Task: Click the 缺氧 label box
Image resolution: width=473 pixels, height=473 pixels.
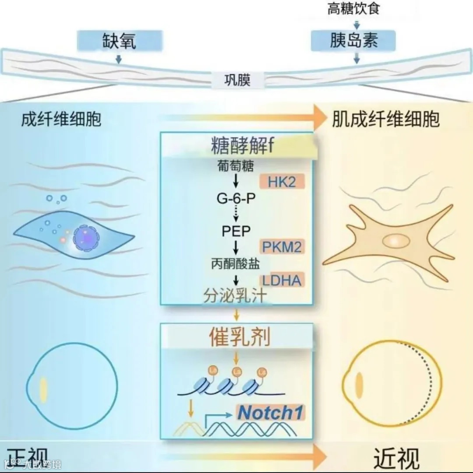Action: coord(119,41)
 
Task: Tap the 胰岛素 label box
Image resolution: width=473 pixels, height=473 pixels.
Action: coord(353,40)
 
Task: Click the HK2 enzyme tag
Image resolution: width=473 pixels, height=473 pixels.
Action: coord(282,182)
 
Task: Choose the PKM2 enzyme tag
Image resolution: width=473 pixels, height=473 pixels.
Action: coord(282,247)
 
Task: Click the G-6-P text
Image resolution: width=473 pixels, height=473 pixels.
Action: coord(236,199)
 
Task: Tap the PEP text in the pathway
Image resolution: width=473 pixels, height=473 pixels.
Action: coord(236,231)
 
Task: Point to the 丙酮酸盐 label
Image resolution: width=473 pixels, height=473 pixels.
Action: coord(236,263)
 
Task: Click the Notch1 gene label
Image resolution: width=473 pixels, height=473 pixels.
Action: coord(271,413)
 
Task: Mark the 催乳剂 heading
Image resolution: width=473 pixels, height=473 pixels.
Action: coord(238,337)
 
